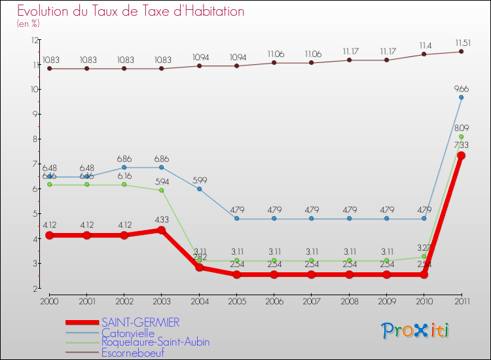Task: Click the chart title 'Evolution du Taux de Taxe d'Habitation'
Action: tap(131, 12)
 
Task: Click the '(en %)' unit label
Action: tap(28, 24)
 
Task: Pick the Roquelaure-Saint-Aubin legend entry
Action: tap(156, 342)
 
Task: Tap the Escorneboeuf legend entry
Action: tap(133, 352)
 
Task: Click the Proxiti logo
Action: tap(416, 331)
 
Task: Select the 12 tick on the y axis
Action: tap(35, 40)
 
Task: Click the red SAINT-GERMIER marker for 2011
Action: tap(461, 156)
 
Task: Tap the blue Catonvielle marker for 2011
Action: tap(461, 98)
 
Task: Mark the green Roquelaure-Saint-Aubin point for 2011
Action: tap(461, 137)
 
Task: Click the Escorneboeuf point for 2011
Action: tap(461, 52)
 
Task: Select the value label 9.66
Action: tap(461, 88)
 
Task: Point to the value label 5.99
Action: tap(199, 180)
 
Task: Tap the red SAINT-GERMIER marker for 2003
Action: tap(162, 230)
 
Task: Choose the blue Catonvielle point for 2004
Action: tap(199, 189)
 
